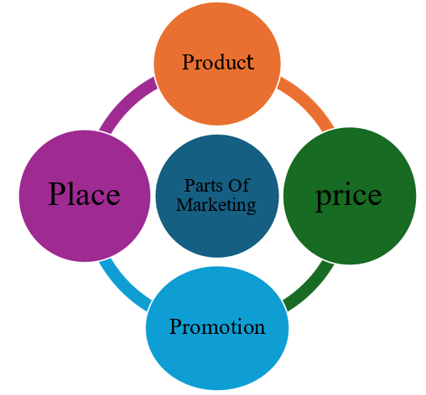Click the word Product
[x=218, y=62]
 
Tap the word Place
[x=84, y=193]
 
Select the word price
[x=349, y=197]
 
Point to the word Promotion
[x=217, y=326]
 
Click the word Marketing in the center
[x=216, y=206]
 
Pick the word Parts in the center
[x=203, y=186]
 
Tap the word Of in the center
[x=239, y=185]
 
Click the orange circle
[x=217, y=64]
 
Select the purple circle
[x=85, y=196]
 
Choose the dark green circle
[x=350, y=196]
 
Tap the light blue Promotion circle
[x=217, y=328]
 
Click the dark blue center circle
[x=217, y=196]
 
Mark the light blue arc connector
[x=122, y=289]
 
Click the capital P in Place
[x=57, y=193]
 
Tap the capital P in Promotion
[x=176, y=326]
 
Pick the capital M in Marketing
[x=184, y=205]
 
